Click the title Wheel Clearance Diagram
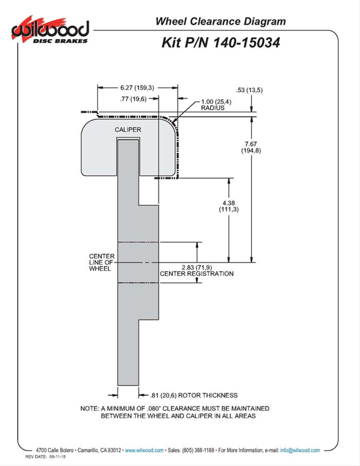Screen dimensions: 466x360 click(220, 21)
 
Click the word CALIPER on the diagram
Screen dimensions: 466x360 click(128, 130)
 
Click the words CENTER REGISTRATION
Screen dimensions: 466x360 click(196, 274)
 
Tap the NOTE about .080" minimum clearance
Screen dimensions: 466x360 click(175, 411)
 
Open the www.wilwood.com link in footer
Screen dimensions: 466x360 click(145, 450)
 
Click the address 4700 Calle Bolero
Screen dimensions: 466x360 click(55, 450)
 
